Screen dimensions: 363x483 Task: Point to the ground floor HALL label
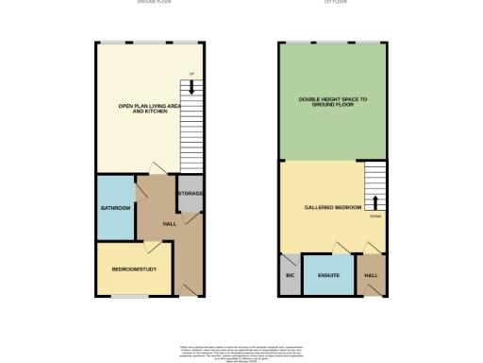170,224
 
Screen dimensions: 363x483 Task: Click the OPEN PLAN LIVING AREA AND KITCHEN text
149,108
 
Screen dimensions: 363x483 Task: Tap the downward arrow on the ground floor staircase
192,87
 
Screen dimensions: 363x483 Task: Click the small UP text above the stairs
192,73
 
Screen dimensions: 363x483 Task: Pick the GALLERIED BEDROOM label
332,207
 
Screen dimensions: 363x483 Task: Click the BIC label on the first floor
289,276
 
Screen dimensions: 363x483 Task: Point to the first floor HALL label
372,276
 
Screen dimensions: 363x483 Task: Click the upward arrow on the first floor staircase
375,201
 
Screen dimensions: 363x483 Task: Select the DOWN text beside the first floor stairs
375,216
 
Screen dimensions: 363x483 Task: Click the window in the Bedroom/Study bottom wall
129,297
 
